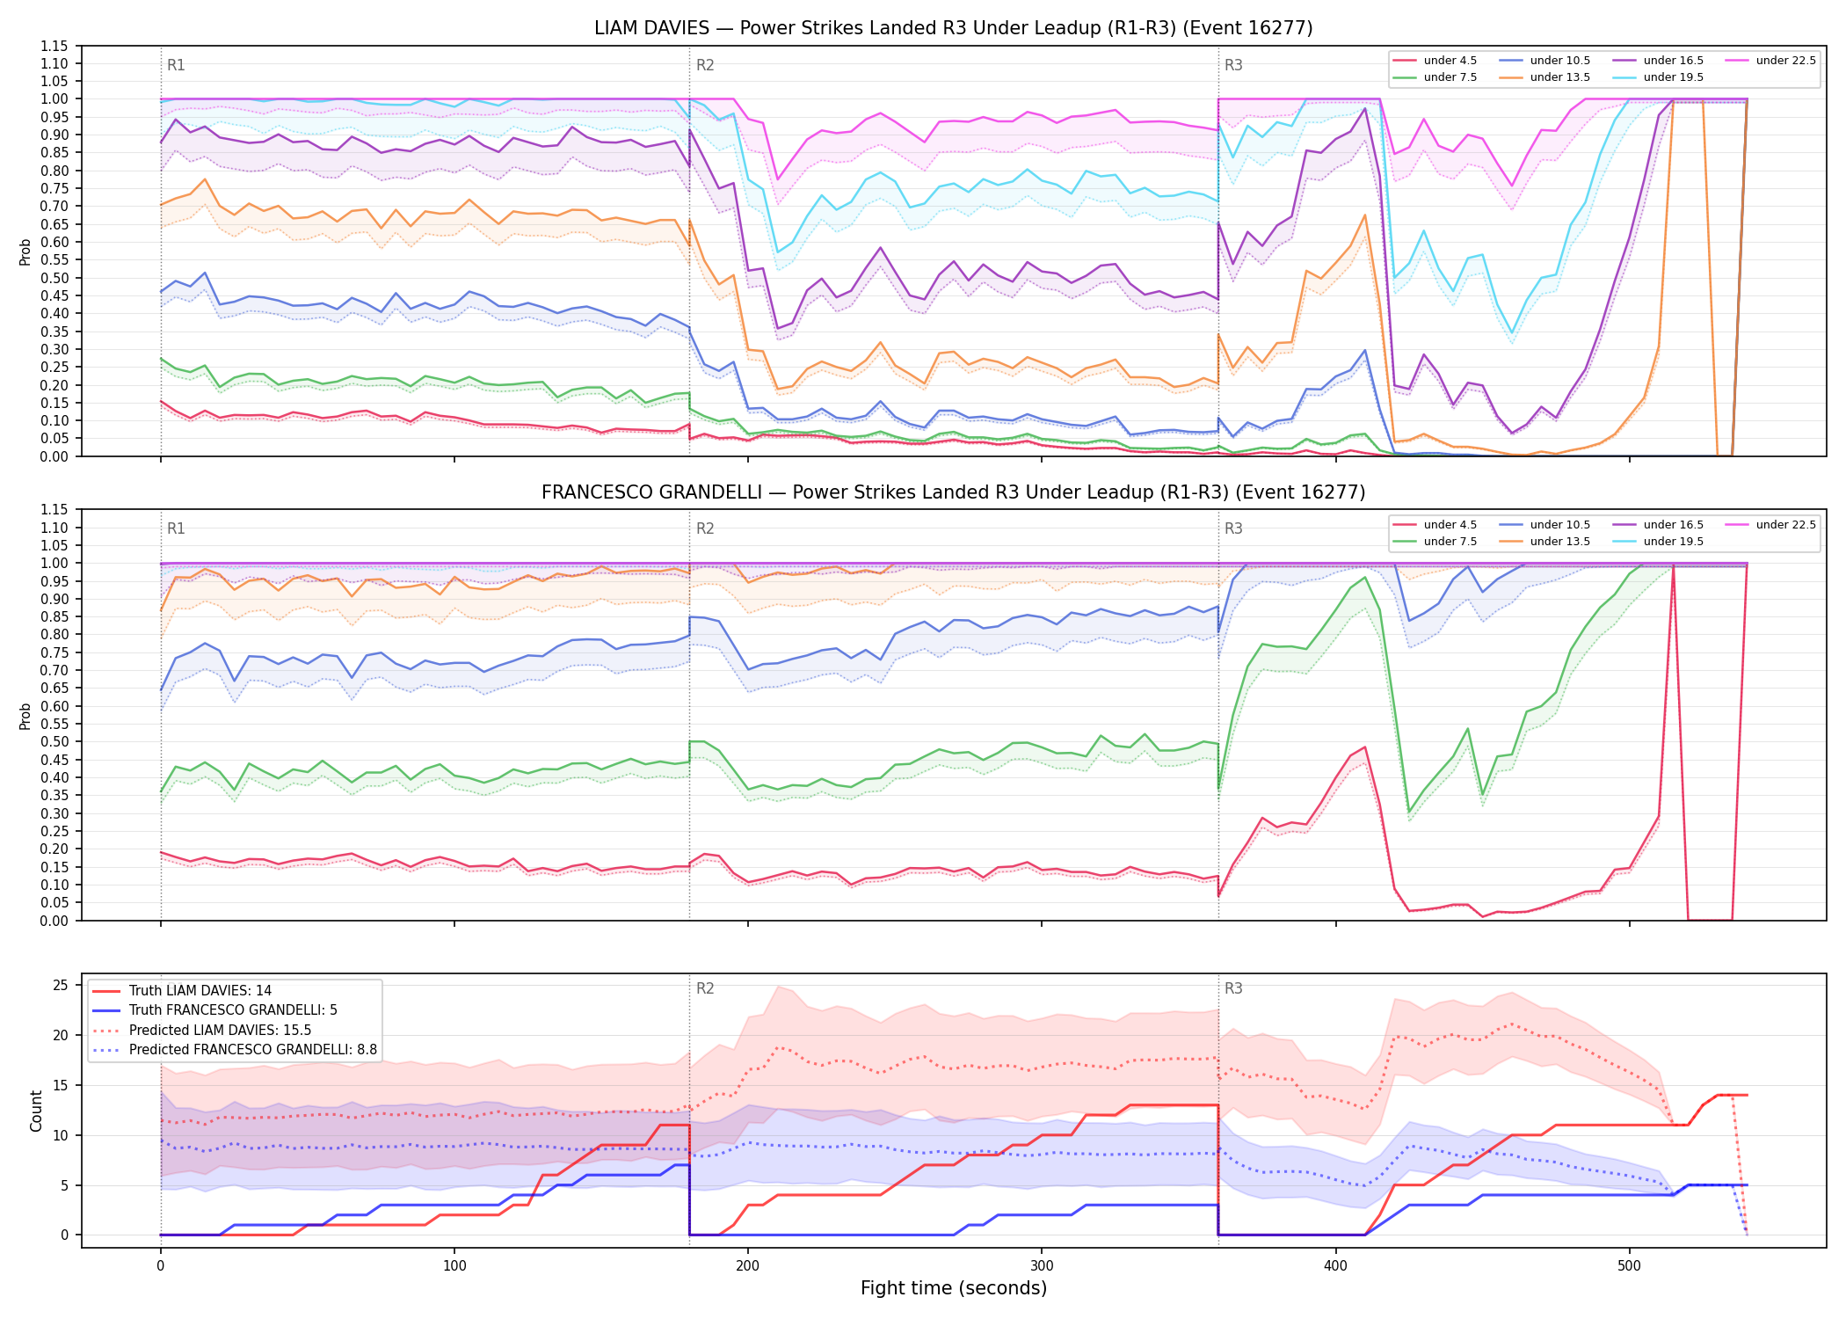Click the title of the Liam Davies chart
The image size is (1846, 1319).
954,28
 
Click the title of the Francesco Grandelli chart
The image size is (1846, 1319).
954,492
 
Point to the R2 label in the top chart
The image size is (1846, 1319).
705,65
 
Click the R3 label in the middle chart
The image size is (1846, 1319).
1233,528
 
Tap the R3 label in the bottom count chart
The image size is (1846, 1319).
1233,988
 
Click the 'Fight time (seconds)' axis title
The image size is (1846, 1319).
954,1288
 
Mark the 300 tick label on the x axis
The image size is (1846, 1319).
1042,1266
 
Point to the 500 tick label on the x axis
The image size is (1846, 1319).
1629,1266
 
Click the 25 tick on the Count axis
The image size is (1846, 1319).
61,985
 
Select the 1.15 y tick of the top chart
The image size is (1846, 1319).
55,46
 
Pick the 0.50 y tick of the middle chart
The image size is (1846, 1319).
55,741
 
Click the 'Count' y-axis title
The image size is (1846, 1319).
37,1111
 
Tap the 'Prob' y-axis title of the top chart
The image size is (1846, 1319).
25,251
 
